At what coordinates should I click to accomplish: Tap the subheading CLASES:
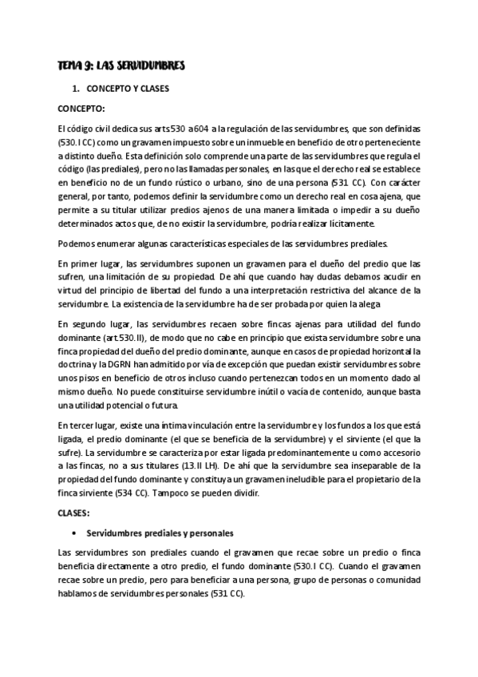pyautogui.click(x=76, y=513)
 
